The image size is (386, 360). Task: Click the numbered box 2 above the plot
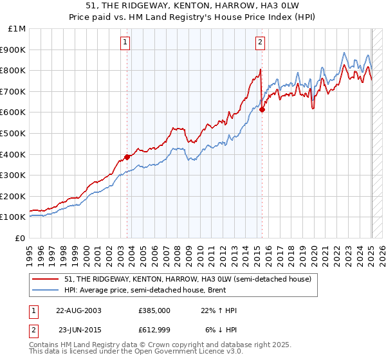coord(260,43)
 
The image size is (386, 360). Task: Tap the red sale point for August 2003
coord(127,156)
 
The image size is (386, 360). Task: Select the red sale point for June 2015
coord(262,109)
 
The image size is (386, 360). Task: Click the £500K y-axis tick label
coord(14,134)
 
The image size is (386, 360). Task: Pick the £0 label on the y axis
coord(21,238)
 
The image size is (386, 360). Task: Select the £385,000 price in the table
coord(154,310)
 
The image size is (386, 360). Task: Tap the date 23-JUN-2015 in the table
coord(80,330)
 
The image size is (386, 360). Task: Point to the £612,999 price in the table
coord(154,330)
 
